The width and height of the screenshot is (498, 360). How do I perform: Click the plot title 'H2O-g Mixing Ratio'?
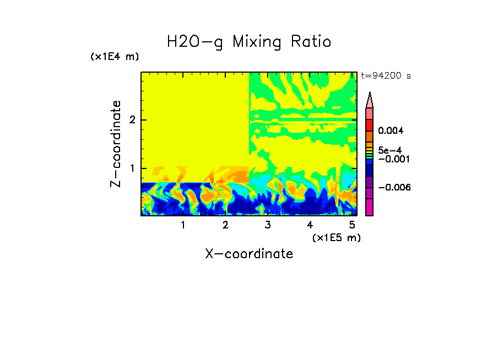(x=249, y=42)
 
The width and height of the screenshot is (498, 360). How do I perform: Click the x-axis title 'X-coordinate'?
(x=249, y=254)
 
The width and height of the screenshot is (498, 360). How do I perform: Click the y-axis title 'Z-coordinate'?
(x=116, y=144)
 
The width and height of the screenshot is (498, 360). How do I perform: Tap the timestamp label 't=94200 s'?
(x=386, y=76)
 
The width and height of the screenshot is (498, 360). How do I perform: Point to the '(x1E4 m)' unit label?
(x=115, y=57)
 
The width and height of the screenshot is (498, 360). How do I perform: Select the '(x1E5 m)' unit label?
(x=336, y=237)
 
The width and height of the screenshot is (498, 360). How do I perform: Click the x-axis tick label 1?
(x=183, y=225)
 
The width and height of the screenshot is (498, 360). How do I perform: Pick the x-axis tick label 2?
(x=225, y=225)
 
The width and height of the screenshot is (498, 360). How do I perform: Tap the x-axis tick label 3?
(x=268, y=225)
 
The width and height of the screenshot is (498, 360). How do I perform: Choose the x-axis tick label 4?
(x=310, y=225)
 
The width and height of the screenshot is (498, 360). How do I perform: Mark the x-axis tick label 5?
(x=352, y=225)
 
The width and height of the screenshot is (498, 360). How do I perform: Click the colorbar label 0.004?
(x=391, y=131)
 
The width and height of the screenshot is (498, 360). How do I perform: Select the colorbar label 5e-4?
(x=389, y=150)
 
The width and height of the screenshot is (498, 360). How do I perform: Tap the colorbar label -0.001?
(x=393, y=159)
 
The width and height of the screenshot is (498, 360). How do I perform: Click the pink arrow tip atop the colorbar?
(x=370, y=100)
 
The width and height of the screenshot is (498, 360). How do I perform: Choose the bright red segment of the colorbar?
(x=370, y=125)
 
